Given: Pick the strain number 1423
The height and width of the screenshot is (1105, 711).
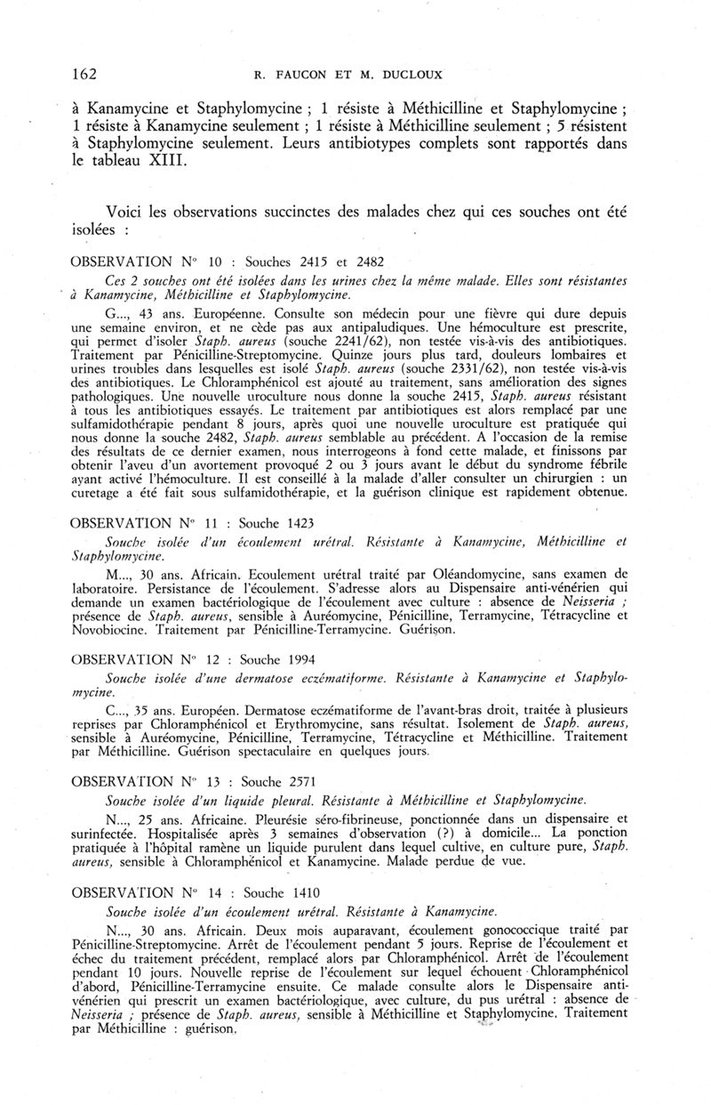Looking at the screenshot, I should (x=297, y=522).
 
